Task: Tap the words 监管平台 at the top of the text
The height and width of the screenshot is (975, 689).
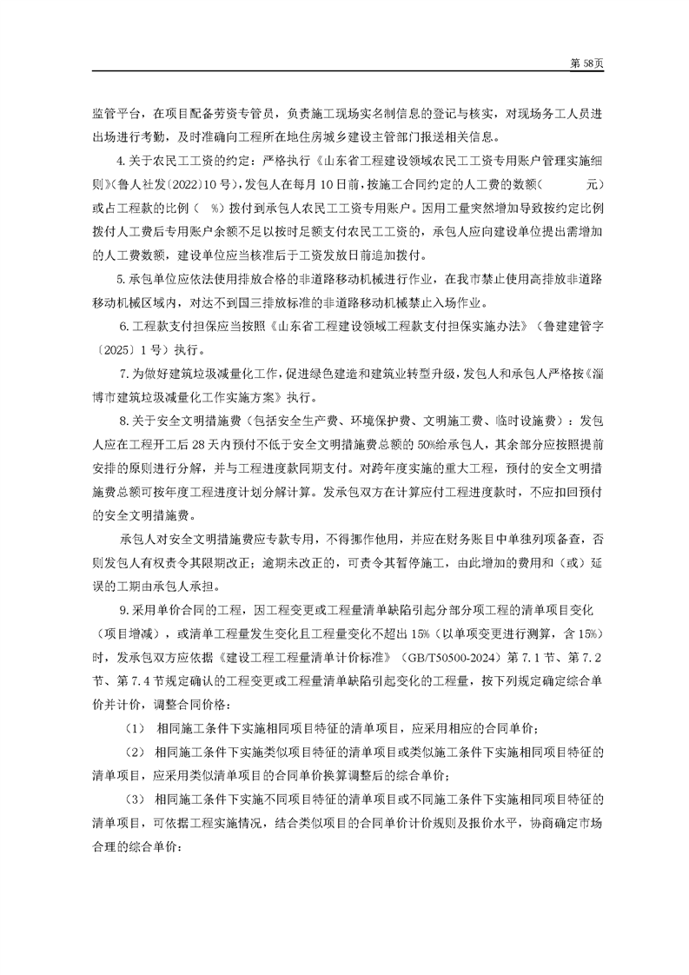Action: pyautogui.click(x=114, y=115)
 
